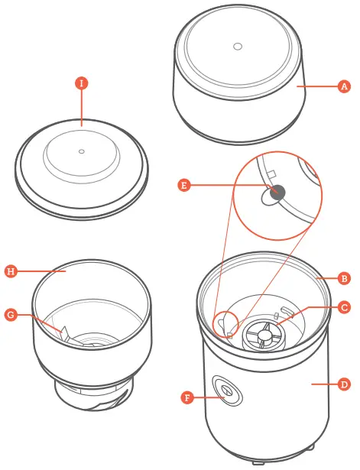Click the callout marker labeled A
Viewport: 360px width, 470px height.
[344, 87]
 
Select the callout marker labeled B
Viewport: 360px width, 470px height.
[344, 279]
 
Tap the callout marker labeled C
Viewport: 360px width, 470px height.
[344, 307]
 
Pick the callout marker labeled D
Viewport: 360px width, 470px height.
[344, 385]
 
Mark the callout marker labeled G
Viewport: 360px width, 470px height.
[11, 313]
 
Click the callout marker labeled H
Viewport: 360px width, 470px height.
[11, 271]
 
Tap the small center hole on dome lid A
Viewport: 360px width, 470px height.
[238, 47]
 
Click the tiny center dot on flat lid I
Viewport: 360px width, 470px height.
[82, 151]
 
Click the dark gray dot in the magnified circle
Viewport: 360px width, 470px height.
[277, 193]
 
